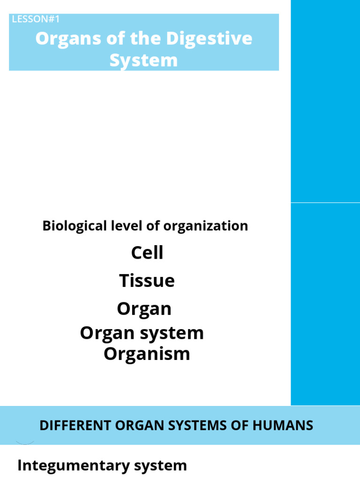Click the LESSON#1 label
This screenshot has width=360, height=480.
pyautogui.click(x=36, y=19)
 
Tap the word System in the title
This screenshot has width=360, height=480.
pyautogui.click(x=143, y=60)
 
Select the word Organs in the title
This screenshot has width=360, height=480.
pyautogui.click(x=63, y=39)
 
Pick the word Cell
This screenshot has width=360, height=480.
pyautogui.click(x=147, y=253)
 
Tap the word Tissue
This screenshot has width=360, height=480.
pyautogui.click(x=147, y=281)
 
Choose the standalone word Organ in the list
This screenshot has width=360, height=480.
pyautogui.click(x=144, y=309)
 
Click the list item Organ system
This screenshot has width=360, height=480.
pyautogui.click(x=142, y=333)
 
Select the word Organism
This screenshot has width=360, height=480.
pyautogui.click(x=147, y=354)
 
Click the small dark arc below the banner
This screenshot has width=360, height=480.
pyautogui.click(x=25, y=442)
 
